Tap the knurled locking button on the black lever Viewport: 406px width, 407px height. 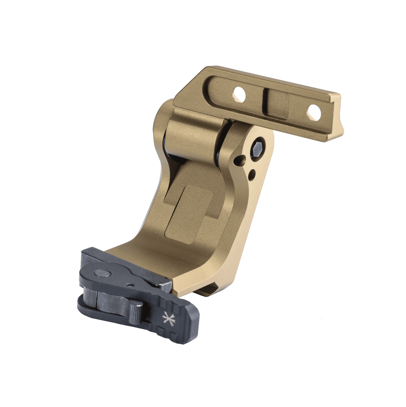136,311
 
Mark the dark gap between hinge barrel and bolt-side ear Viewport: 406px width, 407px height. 221,142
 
